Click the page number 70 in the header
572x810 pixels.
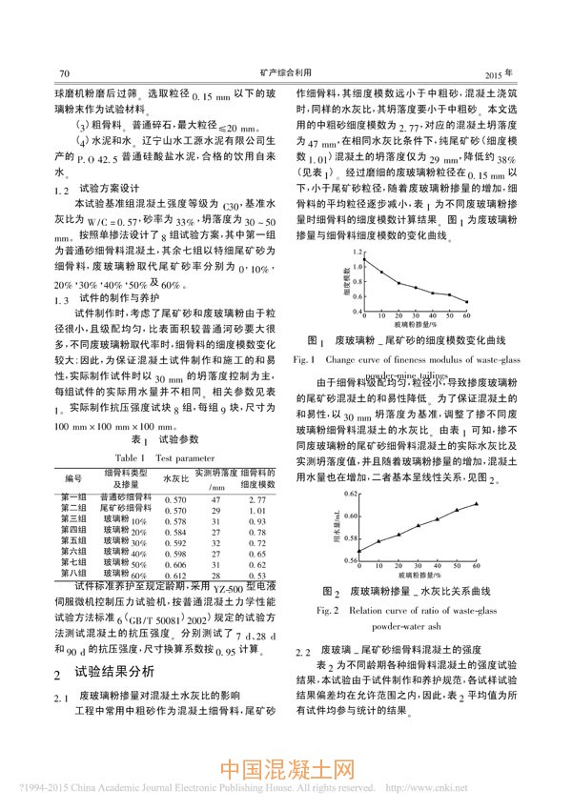66,73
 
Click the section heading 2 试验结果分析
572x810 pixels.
98,671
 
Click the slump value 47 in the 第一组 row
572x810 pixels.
216,498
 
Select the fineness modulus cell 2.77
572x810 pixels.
257,498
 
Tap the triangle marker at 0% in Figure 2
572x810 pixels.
359,550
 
